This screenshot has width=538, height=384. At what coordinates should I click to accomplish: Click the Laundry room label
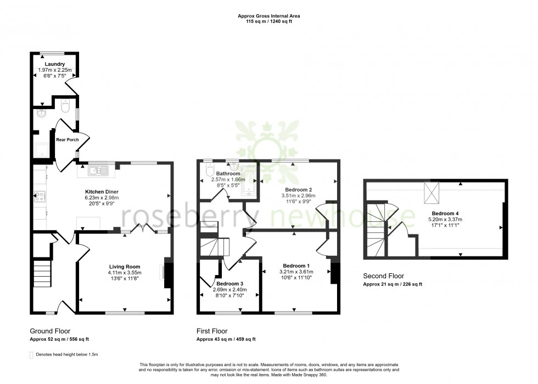pyautogui.click(x=55, y=64)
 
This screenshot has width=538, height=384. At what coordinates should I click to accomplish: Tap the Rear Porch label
pyautogui.click(x=67, y=140)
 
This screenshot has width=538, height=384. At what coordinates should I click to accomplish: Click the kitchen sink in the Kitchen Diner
pyautogui.click(x=97, y=171)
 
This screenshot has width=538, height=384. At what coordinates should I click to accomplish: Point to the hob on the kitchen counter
pyautogui.click(x=40, y=196)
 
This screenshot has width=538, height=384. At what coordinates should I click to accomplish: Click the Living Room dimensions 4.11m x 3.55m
pyautogui.click(x=125, y=272)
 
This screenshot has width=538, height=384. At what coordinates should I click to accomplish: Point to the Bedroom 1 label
pyautogui.click(x=296, y=266)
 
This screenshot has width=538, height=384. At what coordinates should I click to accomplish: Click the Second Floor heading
pyautogui.click(x=384, y=276)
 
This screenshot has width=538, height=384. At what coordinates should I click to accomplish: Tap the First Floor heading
pyautogui.click(x=212, y=331)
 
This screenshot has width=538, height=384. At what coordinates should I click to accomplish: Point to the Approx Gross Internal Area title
pyautogui.click(x=268, y=16)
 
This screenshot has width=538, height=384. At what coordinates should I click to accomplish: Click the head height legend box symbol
pyautogui.click(x=31, y=355)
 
